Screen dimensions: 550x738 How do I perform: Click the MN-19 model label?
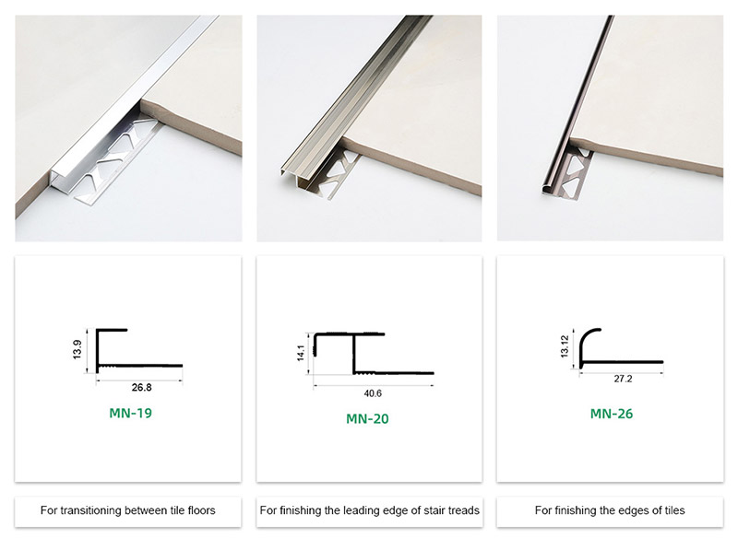point(130,413)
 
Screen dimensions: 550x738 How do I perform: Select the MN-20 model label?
point(367,418)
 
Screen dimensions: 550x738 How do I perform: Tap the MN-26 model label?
point(612,414)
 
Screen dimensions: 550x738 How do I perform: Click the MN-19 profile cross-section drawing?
point(138,350)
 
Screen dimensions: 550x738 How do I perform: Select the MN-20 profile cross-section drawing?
point(371,355)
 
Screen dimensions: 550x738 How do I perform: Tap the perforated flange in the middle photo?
point(354,170)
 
